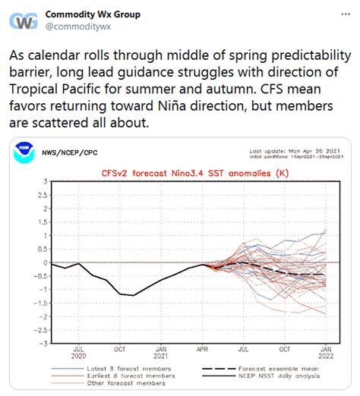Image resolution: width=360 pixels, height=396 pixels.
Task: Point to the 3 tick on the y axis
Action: coord(45,183)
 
